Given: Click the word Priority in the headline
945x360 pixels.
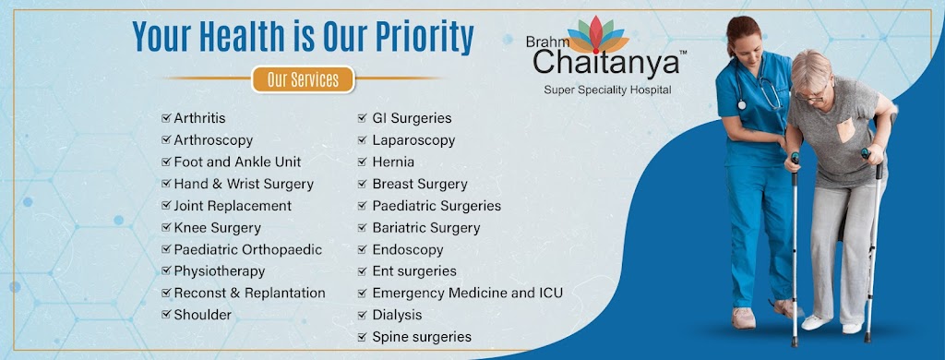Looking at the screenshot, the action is (425, 37).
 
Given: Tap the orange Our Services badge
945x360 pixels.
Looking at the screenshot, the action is (303, 79).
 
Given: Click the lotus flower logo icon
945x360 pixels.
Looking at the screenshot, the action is (597, 35).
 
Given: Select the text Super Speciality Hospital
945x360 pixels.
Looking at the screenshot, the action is (607, 90).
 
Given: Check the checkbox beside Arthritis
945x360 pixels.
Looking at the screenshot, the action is (166, 118).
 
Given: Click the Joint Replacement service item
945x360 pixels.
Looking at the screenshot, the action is (233, 206).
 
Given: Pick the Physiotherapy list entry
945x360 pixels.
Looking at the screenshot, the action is (220, 271).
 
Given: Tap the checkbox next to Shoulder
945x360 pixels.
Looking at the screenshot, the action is (166, 314).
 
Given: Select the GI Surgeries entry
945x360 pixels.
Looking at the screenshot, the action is (412, 118).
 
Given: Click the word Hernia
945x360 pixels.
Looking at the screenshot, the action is (393, 162).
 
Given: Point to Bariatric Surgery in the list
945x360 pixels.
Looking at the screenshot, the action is (426, 228).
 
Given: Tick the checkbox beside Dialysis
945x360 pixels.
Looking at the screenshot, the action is (362, 315).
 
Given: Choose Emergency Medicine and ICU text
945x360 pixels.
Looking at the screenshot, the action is (468, 293).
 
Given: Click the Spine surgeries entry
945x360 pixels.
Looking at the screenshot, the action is (422, 337).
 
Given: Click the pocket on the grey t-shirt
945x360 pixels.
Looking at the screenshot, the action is (846, 129).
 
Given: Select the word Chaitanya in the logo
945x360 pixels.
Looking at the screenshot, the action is (605, 63).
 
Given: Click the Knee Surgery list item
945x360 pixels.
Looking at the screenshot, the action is (217, 228).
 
